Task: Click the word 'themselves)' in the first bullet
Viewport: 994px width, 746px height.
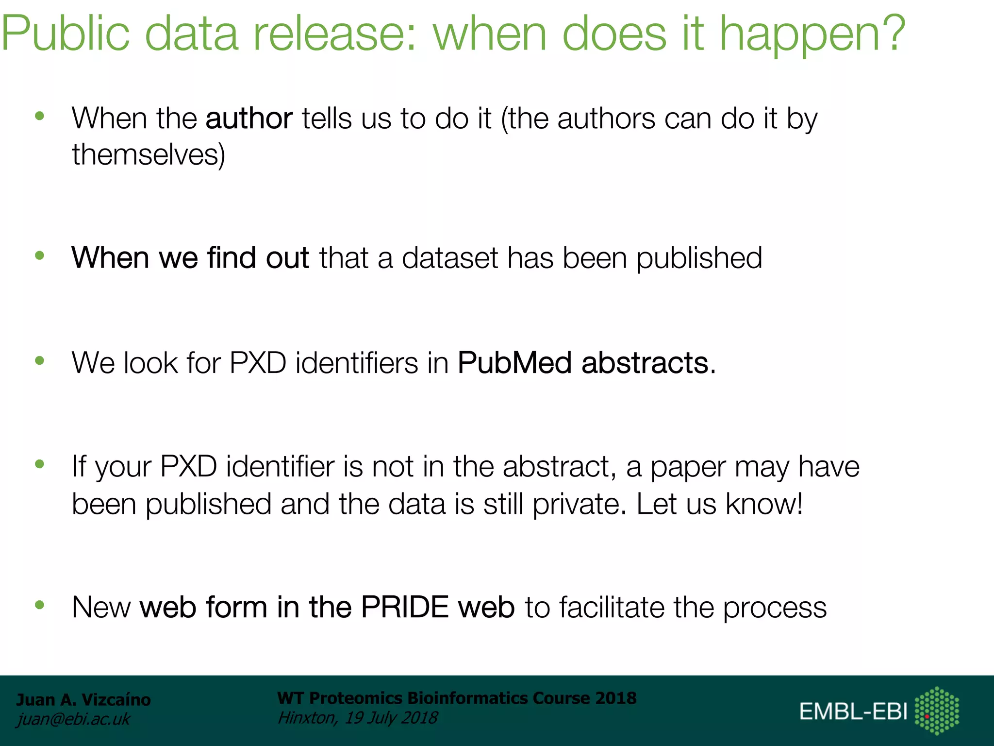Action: [149, 155]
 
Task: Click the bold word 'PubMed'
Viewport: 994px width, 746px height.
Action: [514, 363]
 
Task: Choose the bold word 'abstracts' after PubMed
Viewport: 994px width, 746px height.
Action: [645, 363]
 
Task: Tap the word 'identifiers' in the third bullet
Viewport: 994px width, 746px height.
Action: [356, 363]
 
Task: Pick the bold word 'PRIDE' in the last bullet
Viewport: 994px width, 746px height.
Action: [405, 607]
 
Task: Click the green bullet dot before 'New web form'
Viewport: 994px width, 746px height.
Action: [40, 605]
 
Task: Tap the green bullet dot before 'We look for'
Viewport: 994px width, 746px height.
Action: [40, 360]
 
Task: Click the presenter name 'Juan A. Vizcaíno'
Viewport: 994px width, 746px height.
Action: [83, 700]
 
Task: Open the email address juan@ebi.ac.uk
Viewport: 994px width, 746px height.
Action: [73, 719]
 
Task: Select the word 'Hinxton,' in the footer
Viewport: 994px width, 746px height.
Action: [307, 717]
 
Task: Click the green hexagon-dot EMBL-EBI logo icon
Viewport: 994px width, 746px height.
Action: [937, 711]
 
